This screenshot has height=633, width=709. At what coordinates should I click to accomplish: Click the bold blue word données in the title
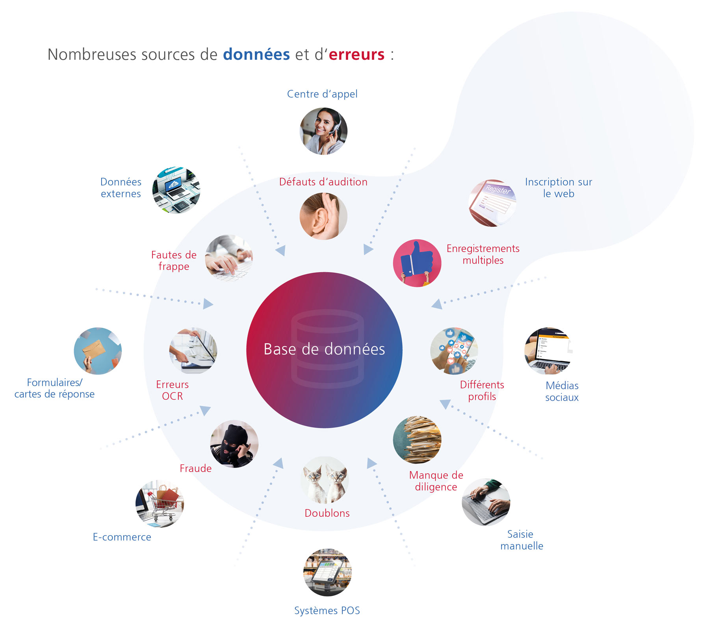tap(256, 54)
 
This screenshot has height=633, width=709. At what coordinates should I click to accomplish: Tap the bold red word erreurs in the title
tap(356, 54)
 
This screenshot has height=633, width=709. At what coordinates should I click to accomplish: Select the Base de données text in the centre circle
tap(324, 349)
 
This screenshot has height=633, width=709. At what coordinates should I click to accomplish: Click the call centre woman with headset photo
tap(323, 131)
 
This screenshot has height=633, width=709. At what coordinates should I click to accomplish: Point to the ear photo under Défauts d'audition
tap(323, 216)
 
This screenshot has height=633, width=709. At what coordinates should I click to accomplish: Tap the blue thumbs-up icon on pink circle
tap(417, 263)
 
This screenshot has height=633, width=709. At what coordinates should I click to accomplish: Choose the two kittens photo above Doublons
tap(325, 480)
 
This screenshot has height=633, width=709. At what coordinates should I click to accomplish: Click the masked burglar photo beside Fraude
tap(234, 444)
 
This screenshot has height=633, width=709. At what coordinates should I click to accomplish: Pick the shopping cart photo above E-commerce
tap(160, 504)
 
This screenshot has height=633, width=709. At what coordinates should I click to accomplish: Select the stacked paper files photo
tap(417, 440)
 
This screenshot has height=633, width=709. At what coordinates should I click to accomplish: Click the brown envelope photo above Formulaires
tap(98, 351)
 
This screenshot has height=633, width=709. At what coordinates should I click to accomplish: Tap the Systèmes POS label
tap(327, 611)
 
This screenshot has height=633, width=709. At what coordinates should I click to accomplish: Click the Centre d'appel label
tap(322, 94)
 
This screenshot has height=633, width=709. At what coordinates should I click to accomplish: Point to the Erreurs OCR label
tap(172, 390)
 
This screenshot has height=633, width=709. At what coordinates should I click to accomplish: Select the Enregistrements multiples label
tap(483, 254)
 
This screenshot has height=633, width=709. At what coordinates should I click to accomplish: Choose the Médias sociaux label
tap(562, 392)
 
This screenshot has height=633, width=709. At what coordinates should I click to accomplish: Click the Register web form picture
tap(492, 203)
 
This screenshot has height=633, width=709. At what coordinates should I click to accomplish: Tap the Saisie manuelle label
tap(522, 540)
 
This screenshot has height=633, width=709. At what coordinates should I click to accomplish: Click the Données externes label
tap(121, 188)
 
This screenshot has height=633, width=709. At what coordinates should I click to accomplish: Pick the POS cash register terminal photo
tap(327, 572)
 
